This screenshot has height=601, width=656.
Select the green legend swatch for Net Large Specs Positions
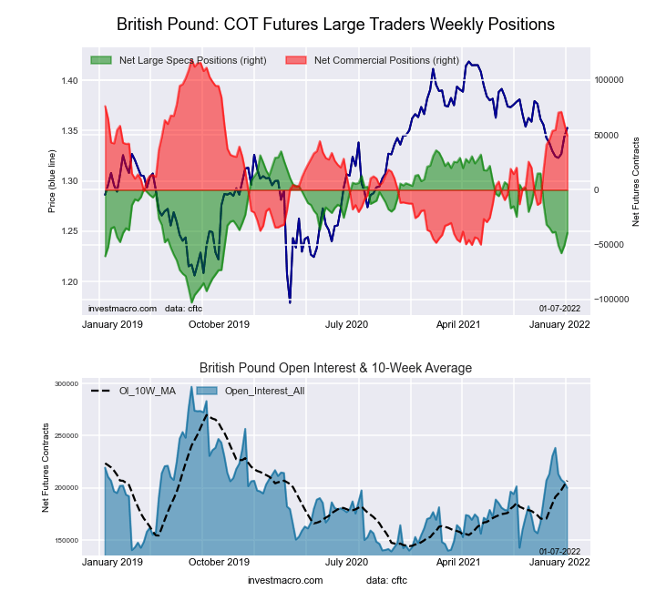[x=101, y=60]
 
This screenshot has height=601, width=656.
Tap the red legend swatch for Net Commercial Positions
[x=296, y=60]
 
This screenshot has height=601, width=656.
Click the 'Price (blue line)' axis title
[x=53, y=181]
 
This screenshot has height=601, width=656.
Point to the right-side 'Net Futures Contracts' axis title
[x=635, y=181]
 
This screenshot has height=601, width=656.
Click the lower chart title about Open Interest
[x=335, y=368]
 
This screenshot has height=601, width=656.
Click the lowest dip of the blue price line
[x=290, y=301]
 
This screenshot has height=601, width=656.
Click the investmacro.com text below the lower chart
[x=285, y=580]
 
